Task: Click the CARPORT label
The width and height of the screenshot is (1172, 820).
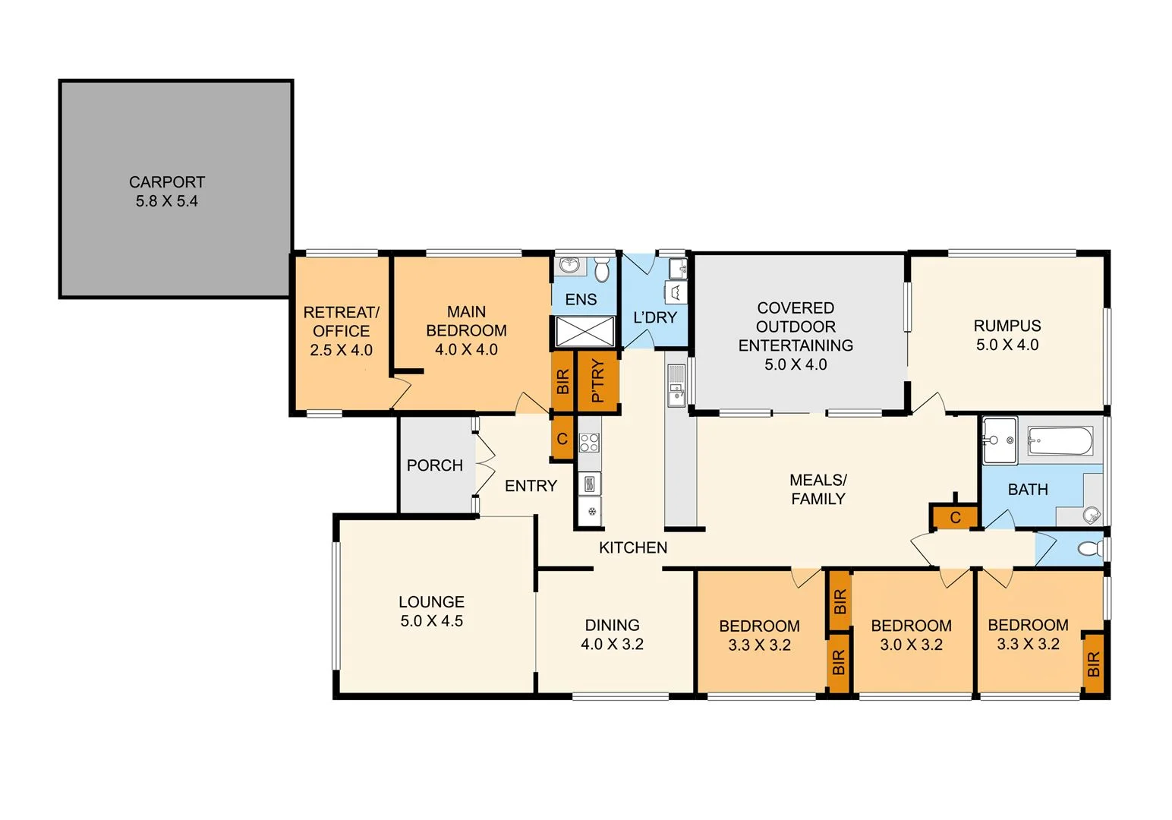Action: [x=167, y=182]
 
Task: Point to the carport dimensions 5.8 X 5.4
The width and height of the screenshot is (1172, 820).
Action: [x=167, y=201]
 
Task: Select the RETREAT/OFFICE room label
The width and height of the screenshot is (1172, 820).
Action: [x=341, y=322]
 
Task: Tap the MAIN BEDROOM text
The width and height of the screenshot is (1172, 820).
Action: [x=466, y=321]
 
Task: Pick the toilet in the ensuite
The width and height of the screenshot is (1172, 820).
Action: [x=602, y=270]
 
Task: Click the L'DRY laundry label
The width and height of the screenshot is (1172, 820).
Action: [x=654, y=317]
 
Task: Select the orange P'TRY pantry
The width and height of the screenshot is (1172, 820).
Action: [x=598, y=381]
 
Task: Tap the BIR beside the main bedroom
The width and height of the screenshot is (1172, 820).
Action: [x=562, y=381]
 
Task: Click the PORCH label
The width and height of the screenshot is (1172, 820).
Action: [x=434, y=465]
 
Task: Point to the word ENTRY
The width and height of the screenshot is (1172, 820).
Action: [x=531, y=486]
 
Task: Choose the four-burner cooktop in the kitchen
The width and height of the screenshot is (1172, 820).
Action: [x=589, y=443]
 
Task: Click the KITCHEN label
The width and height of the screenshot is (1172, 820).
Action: [x=633, y=547]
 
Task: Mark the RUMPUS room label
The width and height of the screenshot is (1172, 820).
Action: [x=1007, y=326]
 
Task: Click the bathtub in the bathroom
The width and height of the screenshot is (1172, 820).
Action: [x=1060, y=440]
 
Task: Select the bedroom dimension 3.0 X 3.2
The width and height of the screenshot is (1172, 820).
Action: [x=911, y=645]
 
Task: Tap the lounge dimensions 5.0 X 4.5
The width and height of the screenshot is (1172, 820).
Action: [x=431, y=621]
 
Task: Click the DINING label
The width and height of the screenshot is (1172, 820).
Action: [x=612, y=625]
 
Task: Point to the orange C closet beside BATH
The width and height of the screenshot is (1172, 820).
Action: [x=955, y=518]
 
